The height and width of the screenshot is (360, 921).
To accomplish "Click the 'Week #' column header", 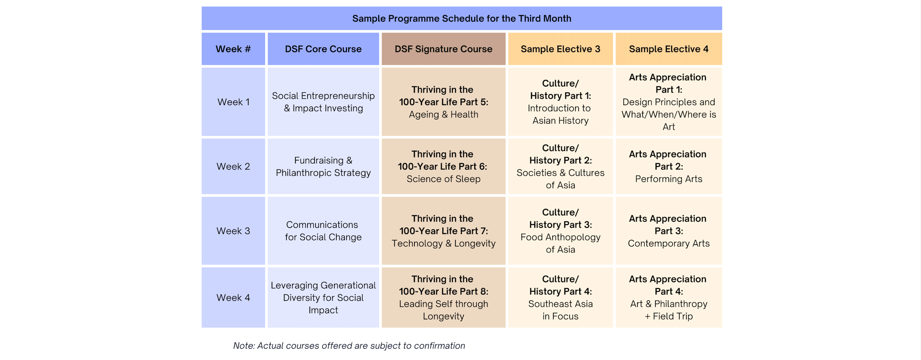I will click(233, 49).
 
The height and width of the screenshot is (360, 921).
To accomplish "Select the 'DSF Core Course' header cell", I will click(323, 49).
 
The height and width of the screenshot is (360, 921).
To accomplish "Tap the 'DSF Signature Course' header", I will click(443, 49).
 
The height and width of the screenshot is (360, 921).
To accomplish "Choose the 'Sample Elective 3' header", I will click(560, 49).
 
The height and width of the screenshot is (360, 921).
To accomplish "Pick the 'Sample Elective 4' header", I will click(668, 49).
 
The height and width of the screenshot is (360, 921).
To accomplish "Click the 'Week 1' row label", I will click(233, 102).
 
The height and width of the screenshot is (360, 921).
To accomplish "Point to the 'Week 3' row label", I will click(233, 231).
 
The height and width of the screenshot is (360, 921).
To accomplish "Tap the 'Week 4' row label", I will click(233, 297).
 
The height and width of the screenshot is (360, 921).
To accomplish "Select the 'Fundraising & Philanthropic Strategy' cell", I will click(323, 167).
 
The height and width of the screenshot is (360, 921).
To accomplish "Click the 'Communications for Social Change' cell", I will click(323, 231).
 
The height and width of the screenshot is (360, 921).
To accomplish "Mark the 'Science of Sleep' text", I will click(443, 179).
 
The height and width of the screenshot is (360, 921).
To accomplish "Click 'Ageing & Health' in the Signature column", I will click(443, 114).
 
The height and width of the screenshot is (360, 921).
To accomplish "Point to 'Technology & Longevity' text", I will click(443, 243).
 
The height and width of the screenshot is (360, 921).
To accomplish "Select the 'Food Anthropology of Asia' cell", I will click(560, 243).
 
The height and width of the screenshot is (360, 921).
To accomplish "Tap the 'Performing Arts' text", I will click(668, 179).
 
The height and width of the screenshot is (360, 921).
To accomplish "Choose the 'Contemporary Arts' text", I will click(668, 243).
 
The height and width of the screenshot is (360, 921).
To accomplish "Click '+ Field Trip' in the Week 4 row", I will click(668, 316).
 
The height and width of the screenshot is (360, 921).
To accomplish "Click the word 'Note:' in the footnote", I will click(244, 346).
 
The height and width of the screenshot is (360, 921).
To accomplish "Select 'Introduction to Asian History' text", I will click(560, 114).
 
